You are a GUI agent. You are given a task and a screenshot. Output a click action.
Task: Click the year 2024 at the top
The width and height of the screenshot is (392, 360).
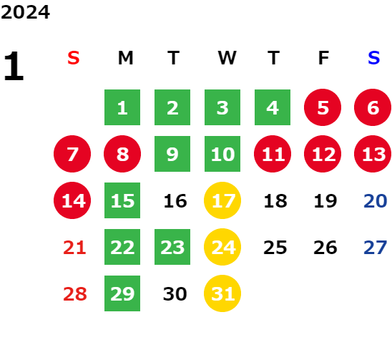click(x=25, y=12)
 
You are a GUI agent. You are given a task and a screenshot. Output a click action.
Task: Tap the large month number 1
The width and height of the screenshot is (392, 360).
click(x=14, y=66)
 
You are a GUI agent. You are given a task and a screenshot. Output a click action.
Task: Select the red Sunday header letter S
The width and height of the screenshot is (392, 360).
click(x=74, y=58)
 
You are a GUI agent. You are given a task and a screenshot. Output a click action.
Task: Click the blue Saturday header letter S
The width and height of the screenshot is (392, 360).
click(x=373, y=58)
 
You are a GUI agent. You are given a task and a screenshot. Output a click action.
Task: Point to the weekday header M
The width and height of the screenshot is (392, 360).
click(x=125, y=58)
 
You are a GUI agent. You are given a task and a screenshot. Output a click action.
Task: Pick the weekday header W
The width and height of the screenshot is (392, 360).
click(x=227, y=58)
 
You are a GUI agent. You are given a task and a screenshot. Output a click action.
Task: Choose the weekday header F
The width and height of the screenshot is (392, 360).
click(x=323, y=58)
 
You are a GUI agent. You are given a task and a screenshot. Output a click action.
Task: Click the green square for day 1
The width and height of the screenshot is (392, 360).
click(x=122, y=107)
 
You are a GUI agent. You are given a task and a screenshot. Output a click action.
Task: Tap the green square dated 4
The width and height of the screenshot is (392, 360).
click(x=273, y=107)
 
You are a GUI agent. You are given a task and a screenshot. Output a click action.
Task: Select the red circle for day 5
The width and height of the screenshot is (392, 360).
click(x=323, y=107)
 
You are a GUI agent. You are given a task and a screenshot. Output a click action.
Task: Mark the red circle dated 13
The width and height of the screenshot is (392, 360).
click(x=373, y=154)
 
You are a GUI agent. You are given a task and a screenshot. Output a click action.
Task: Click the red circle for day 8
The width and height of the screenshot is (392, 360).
click(x=122, y=154)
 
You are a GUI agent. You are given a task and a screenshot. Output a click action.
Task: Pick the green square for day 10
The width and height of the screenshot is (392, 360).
click(x=222, y=154)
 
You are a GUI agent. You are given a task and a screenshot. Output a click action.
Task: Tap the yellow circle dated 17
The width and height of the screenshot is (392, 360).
click(x=222, y=200)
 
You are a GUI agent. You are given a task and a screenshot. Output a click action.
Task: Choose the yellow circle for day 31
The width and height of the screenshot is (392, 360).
click(x=222, y=293)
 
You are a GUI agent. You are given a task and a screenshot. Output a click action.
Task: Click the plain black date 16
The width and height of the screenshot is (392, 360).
click(x=175, y=201)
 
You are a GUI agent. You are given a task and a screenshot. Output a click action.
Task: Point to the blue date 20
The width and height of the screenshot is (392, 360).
click(x=376, y=201)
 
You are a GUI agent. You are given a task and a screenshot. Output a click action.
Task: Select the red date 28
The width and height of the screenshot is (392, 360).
click(x=75, y=294)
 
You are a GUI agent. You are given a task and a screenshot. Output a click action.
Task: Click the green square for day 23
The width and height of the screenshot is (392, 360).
click(x=172, y=247)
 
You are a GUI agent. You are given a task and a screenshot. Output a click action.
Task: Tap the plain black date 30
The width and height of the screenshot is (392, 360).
click(x=175, y=294)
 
